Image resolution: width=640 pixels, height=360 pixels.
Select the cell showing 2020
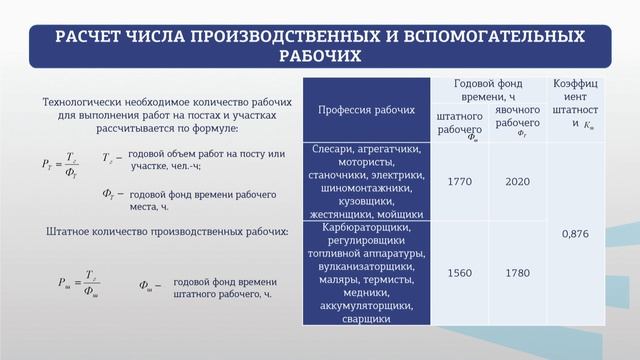pos(517,181)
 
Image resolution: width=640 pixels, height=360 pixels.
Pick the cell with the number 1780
pos(517,272)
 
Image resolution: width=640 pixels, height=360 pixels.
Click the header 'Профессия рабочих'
pos(365,109)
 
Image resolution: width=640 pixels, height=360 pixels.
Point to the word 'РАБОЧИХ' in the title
pos(319,56)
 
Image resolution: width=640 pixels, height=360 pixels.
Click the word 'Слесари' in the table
pos(334,149)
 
